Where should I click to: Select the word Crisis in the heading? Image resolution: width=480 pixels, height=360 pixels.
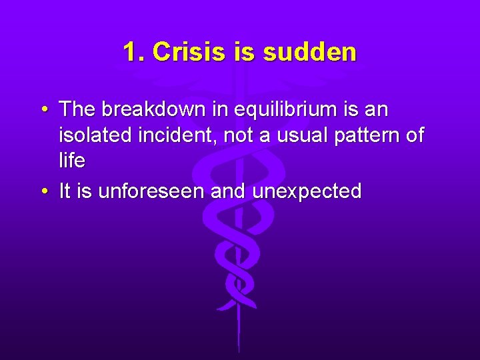click(x=191, y=52)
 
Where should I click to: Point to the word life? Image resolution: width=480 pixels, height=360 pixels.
click(x=71, y=161)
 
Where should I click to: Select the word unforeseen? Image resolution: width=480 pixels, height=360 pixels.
click(x=151, y=192)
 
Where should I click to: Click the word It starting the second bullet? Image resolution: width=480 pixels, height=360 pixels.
click(x=65, y=192)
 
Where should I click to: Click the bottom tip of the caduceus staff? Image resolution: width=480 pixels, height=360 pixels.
click(x=238, y=350)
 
